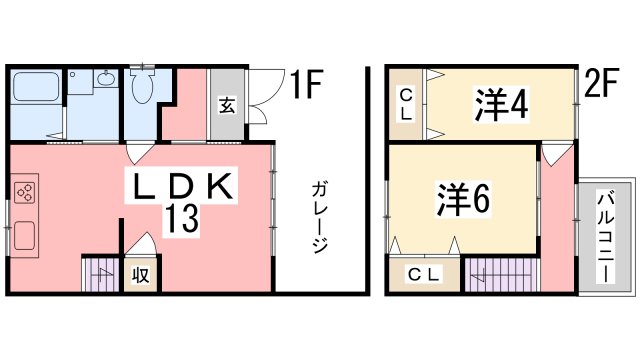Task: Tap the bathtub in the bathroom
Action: pyautogui.click(x=37, y=91)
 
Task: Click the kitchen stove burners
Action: pyautogui.click(x=26, y=192)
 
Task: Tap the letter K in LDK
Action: pyautogui.click(x=220, y=186)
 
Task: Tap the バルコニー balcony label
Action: pyautogui.click(x=608, y=237)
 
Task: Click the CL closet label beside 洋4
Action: pyautogui.click(x=406, y=104)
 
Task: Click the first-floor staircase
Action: pyautogui.click(x=99, y=276)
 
